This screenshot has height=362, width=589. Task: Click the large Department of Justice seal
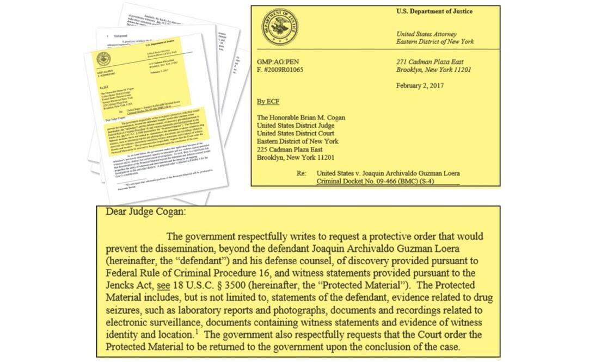pyautogui.click(x=279, y=27)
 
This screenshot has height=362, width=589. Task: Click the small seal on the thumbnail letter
pyautogui.click(x=103, y=59)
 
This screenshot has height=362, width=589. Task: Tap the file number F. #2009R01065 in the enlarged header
pyautogui.click(x=280, y=70)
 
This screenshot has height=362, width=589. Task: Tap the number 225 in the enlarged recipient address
pyautogui.click(x=263, y=149)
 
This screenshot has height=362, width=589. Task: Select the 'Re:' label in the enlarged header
pyautogui.click(x=302, y=173)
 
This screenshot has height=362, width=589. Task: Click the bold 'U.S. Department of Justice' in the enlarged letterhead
pyautogui.click(x=434, y=11)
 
